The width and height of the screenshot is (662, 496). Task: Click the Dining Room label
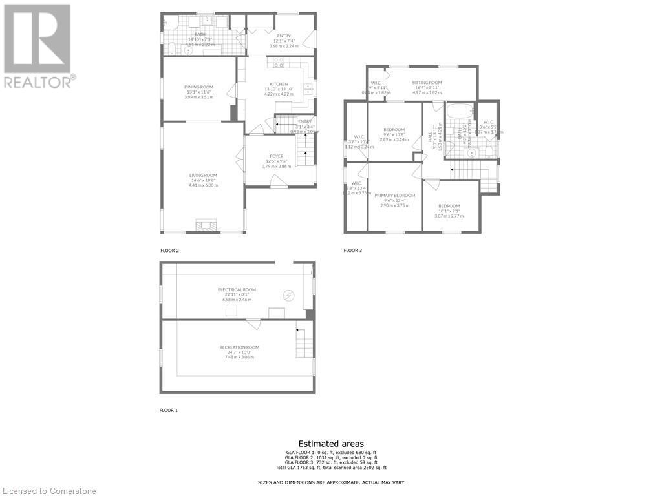click(x=199, y=87)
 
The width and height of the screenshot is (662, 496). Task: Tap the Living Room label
click(x=203, y=175)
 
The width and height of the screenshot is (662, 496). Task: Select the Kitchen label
click(x=279, y=84)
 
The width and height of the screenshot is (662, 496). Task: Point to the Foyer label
click(x=277, y=156)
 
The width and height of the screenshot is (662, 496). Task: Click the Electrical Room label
click(x=237, y=290)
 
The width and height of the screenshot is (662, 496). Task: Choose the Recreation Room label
click(x=239, y=347)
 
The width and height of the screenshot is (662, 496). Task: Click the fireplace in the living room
click(x=208, y=225)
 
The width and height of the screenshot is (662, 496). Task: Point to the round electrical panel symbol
click(x=290, y=295)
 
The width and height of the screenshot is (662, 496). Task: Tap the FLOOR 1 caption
click(x=169, y=410)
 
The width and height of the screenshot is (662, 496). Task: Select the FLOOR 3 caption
click(x=352, y=250)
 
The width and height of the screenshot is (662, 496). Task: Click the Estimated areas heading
click(x=331, y=444)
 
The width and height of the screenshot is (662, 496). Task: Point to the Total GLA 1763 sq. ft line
click(x=331, y=467)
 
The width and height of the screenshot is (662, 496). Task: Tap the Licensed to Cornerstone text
click(x=49, y=491)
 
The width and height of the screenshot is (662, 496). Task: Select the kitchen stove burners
click(x=279, y=63)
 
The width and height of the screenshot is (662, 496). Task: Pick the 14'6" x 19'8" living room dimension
click(x=203, y=180)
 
